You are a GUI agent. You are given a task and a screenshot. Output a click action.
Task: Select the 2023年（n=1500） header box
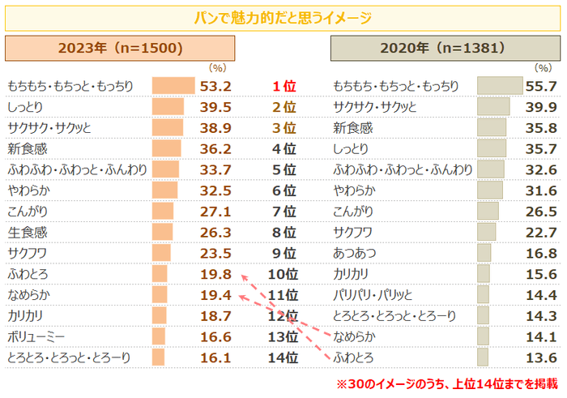pyautogui.click(x=120, y=49)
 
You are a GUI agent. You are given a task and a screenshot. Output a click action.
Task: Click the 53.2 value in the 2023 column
pyautogui.click(x=216, y=86)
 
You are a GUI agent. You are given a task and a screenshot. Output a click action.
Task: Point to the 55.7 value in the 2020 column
pyautogui.click(x=540, y=86)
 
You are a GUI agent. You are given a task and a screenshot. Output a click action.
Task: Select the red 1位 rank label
pyautogui.click(x=283, y=86)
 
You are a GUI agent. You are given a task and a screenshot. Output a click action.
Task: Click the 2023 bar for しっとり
pyautogui.click(x=168, y=107)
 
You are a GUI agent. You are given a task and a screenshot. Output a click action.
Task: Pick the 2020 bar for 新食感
pyautogui.click(x=492, y=128)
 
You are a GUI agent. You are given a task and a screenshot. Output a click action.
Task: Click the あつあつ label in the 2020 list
pyautogui.click(x=354, y=253)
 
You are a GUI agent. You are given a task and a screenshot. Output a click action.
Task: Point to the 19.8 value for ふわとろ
pyautogui.click(x=216, y=274)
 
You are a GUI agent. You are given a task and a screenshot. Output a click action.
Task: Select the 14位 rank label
pyautogui.click(x=283, y=357)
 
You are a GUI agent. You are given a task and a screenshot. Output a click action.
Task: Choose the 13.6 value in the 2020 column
pyautogui.click(x=540, y=357)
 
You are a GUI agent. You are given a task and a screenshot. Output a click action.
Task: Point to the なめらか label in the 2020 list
pyautogui.click(x=354, y=336)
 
